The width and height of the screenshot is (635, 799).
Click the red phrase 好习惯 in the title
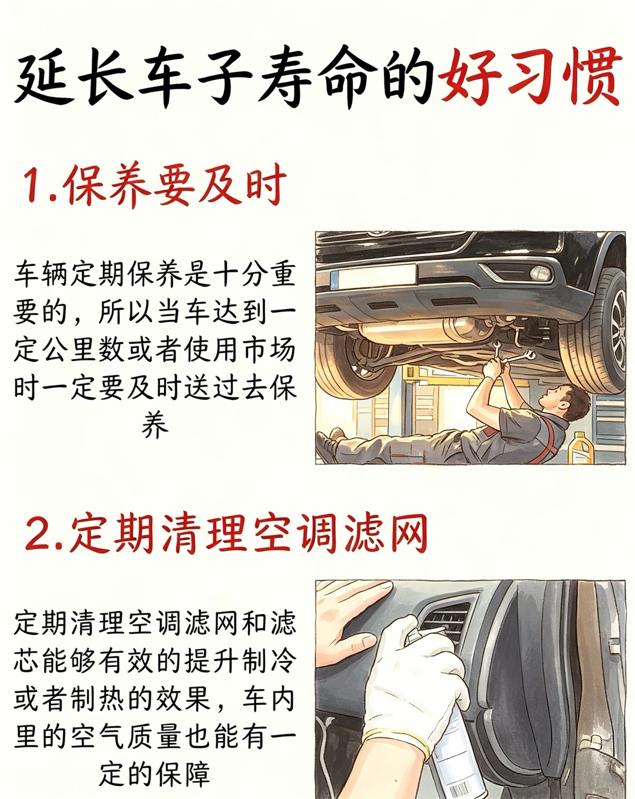tap(530, 76)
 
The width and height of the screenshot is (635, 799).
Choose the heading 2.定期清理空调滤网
tap(226, 534)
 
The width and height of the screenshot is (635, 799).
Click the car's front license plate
tap(373, 276)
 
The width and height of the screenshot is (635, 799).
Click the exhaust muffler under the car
tap(412, 330)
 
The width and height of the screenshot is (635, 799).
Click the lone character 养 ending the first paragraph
tap(155, 426)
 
